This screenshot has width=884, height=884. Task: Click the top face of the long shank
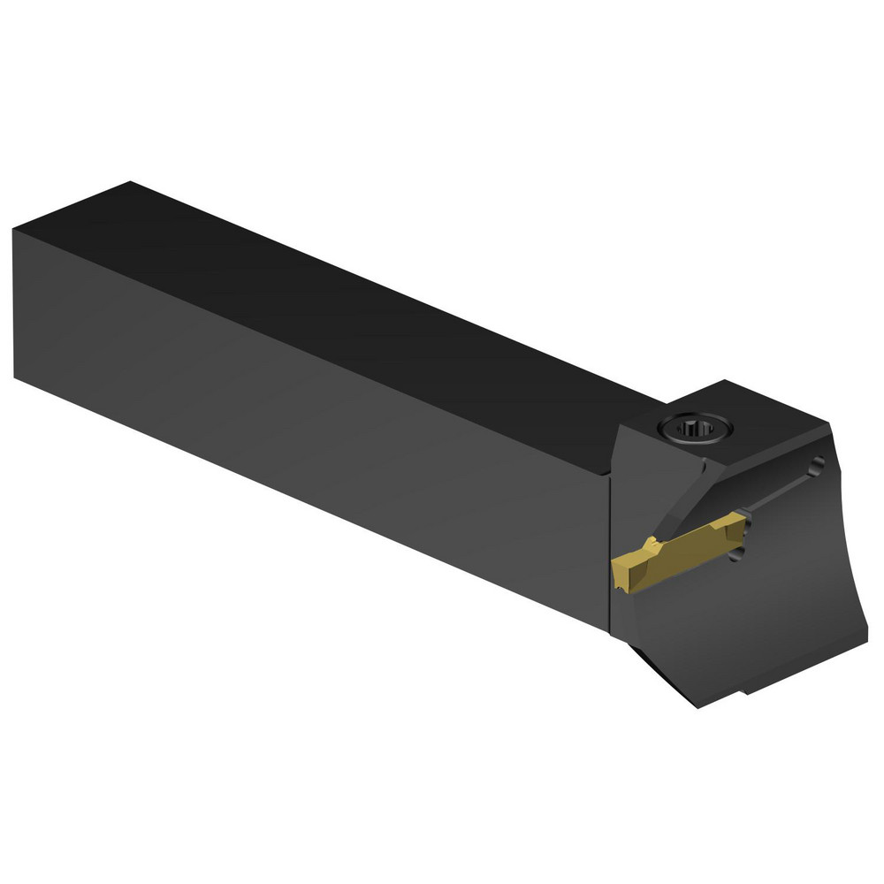click(x=354, y=301)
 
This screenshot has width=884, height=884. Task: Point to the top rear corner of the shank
click(x=131, y=183)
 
